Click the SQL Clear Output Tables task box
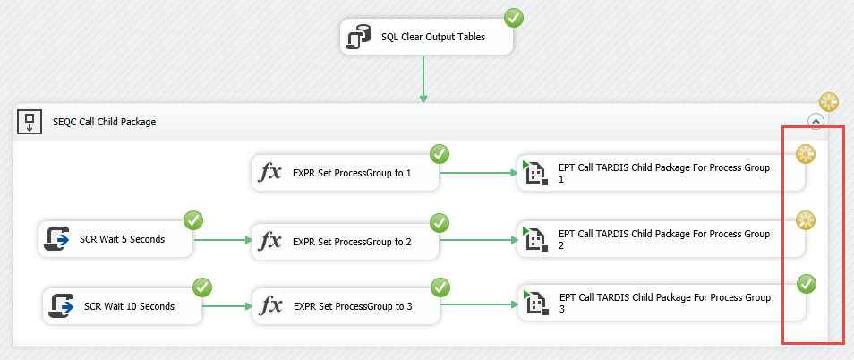tap(426, 38)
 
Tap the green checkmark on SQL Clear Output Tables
tap(514, 17)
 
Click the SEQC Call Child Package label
tap(104, 122)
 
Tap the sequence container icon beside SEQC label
tap(30, 121)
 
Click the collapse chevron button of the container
tap(815, 121)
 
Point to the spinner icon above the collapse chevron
tap(829, 101)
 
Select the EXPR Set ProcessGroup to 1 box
tap(346, 173)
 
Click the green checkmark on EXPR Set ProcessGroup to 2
tap(440, 221)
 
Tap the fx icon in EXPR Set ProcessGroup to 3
tap(270, 307)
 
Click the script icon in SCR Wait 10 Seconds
tap(62, 306)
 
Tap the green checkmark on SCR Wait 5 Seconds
tap(193, 219)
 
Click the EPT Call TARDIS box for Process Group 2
tap(661, 239)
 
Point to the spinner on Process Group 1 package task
tap(806, 153)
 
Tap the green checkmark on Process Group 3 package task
tap(807, 285)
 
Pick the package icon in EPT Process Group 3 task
tap(534, 304)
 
